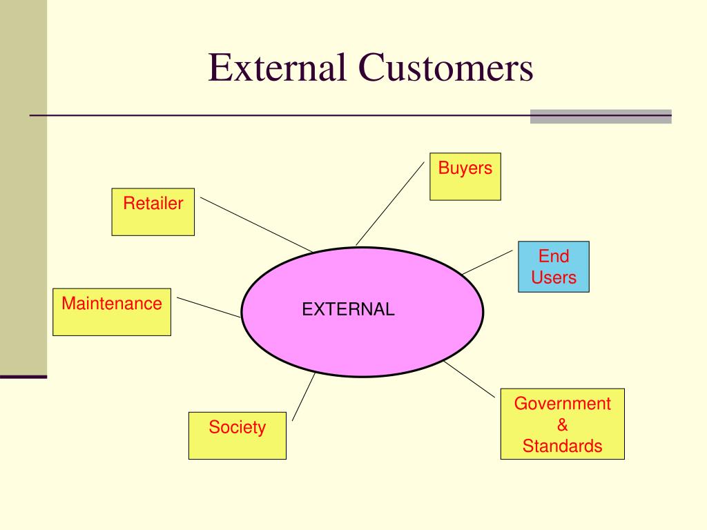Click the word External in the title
(278, 69)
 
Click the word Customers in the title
(445, 69)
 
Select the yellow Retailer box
(153, 212)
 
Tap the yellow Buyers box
(465, 177)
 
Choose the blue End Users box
(554, 266)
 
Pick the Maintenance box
(112, 312)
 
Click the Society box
(237, 435)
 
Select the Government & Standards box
(562, 424)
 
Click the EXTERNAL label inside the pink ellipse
(348, 309)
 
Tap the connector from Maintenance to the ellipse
(209, 308)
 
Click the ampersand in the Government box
(562, 424)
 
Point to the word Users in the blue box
(554, 278)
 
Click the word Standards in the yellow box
(562, 446)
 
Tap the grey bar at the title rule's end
(601, 116)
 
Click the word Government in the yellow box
(562, 404)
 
